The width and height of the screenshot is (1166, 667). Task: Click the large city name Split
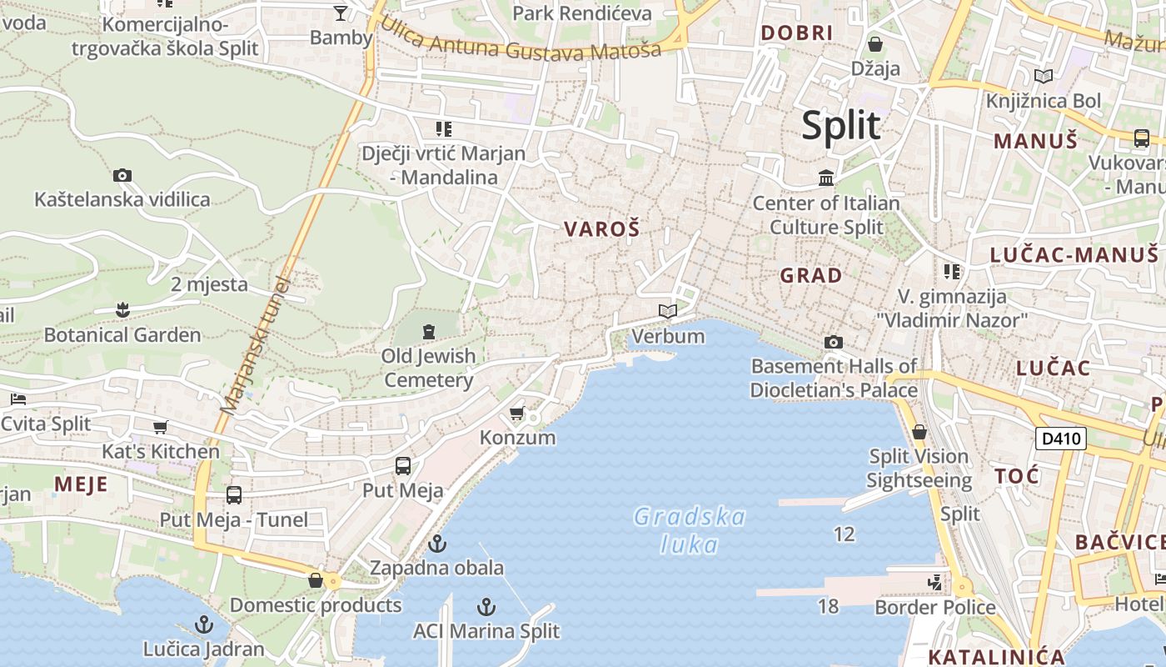pos(840,125)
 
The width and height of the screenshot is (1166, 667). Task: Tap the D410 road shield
pos(1061,438)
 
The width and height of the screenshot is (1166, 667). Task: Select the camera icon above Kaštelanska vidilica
pos(122,175)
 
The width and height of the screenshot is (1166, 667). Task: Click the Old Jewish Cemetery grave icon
pos(429,332)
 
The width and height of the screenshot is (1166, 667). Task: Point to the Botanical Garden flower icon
pos(122,311)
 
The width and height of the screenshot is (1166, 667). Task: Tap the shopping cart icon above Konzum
pos(517,414)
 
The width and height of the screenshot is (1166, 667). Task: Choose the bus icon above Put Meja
pos(403,466)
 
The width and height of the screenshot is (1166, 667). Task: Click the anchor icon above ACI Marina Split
pos(486,607)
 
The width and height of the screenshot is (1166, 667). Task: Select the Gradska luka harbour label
pos(690,530)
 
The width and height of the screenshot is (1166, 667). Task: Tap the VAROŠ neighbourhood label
pos(602,228)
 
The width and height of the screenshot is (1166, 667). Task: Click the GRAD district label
pos(810,275)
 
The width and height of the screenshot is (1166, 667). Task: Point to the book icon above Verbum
pos(668,312)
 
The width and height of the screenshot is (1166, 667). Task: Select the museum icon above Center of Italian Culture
pos(827,178)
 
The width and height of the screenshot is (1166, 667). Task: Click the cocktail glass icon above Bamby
pos(341,13)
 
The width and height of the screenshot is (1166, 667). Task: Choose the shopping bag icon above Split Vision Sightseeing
pos(919,432)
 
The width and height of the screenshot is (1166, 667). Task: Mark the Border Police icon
pos(936,582)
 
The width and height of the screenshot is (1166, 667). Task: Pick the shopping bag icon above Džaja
pos(875,44)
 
